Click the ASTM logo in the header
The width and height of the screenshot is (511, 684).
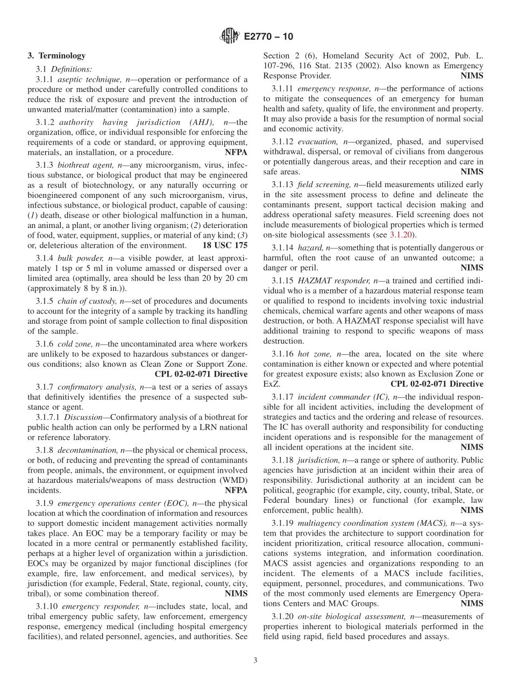coord(230,37)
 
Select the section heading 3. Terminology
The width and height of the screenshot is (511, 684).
coord(56,55)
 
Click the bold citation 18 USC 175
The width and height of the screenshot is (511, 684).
coord(225,245)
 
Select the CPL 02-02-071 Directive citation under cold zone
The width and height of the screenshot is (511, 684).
coord(201,374)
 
